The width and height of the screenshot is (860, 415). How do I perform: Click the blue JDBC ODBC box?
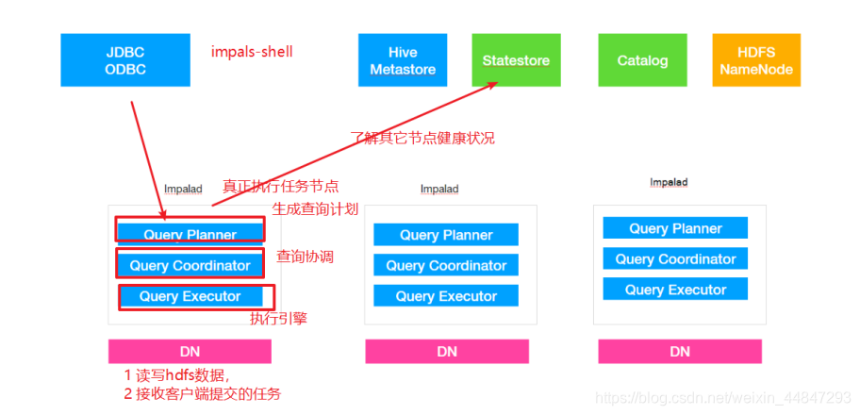click(125, 60)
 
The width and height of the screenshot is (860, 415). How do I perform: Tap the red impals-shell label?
click(252, 51)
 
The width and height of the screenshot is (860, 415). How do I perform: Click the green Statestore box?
click(516, 60)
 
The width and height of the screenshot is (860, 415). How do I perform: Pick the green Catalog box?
click(642, 60)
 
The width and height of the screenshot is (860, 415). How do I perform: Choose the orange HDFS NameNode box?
click(756, 60)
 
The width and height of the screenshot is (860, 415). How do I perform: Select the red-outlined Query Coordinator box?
click(190, 265)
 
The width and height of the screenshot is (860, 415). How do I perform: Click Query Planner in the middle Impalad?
click(446, 235)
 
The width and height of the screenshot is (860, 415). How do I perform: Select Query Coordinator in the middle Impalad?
click(446, 265)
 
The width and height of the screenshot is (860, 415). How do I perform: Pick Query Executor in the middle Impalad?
click(446, 296)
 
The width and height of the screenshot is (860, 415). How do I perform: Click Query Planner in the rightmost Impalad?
click(675, 228)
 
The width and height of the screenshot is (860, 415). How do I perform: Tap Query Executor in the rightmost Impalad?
click(675, 290)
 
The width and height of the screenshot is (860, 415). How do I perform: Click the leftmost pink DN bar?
click(190, 352)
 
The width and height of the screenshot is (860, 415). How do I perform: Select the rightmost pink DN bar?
click(679, 352)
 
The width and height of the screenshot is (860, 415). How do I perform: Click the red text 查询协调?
click(305, 257)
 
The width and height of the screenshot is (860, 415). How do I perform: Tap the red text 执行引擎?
click(278, 319)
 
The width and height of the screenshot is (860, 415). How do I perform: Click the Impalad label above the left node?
click(183, 189)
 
